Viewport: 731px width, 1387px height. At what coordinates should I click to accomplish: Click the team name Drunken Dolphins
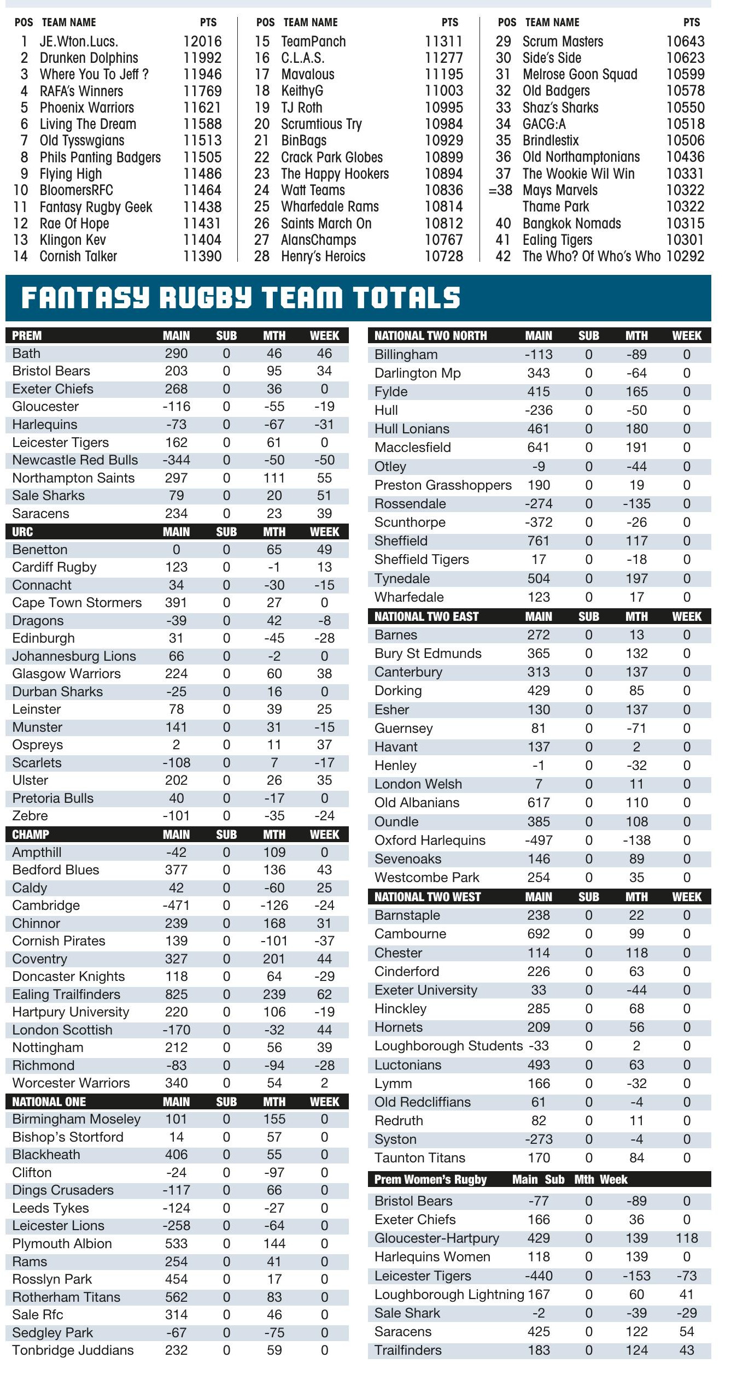89,58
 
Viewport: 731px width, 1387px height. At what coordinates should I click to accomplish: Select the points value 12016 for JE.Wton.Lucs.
202,42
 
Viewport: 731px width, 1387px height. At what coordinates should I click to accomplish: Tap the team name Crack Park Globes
332,157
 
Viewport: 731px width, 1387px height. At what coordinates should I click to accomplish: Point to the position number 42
503,256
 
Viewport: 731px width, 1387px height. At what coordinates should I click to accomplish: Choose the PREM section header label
27,336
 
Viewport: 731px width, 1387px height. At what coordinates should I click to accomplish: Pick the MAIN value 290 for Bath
176,354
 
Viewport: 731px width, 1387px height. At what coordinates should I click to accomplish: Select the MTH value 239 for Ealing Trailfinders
274,994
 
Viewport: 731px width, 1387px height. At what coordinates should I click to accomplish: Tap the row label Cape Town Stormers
77,603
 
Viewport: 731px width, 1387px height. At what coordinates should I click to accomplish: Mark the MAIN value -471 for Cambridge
176,906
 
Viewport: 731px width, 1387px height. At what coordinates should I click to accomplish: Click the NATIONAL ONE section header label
49,1102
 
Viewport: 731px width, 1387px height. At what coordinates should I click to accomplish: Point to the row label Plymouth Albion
62,1244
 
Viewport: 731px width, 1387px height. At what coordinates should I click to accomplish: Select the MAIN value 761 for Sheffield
538,541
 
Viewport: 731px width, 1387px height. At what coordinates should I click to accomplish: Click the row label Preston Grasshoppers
443,485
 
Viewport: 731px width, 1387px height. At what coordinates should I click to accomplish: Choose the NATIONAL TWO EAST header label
426,616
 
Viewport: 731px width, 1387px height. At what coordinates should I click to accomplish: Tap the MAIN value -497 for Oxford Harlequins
538,841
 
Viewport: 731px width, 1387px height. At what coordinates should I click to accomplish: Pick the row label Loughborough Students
448,1046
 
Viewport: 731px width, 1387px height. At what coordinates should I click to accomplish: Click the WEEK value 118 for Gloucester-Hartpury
686,1238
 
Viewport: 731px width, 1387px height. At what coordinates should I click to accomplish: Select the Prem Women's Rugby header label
430,1179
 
